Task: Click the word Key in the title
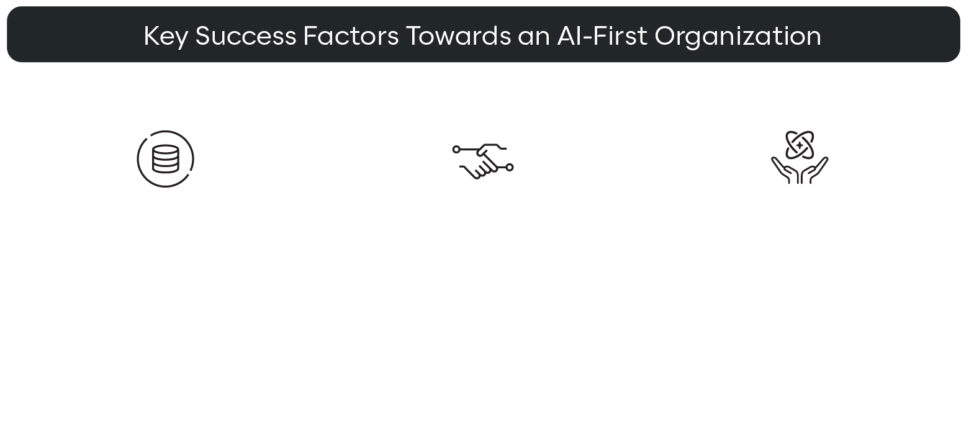pos(166,37)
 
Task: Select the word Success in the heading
pos(246,36)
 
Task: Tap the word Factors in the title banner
pos(351,36)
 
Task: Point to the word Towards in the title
pos(459,36)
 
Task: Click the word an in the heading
pos(534,38)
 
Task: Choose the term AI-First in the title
pos(602,36)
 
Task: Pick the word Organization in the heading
pos(737,37)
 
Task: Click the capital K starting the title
pos(153,36)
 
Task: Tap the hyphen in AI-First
pos(587,38)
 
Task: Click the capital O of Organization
pos(665,36)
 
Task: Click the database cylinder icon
pos(166,159)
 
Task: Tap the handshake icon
pos(483,161)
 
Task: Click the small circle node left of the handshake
pos(456,150)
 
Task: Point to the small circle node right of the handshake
pos(510,168)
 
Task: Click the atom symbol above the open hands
pos(800,145)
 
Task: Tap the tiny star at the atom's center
pos(800,145)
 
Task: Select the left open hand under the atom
pos(785,171)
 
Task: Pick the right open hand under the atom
pos(815,171)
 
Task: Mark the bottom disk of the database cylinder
pos(166,168)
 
